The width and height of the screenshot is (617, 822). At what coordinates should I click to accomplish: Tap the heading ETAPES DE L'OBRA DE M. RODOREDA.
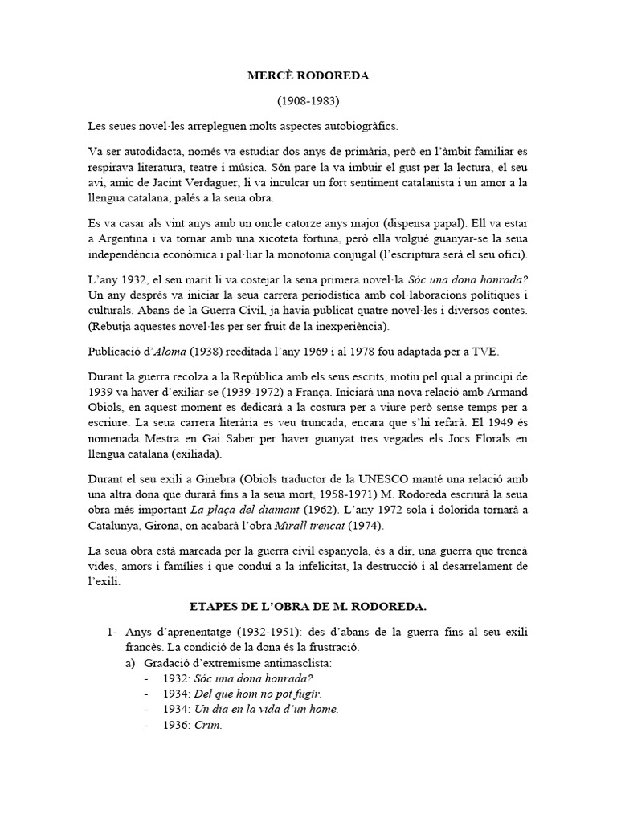(x=308, y=604)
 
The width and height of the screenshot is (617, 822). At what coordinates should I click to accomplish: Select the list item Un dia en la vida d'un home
(x=266, y=709)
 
